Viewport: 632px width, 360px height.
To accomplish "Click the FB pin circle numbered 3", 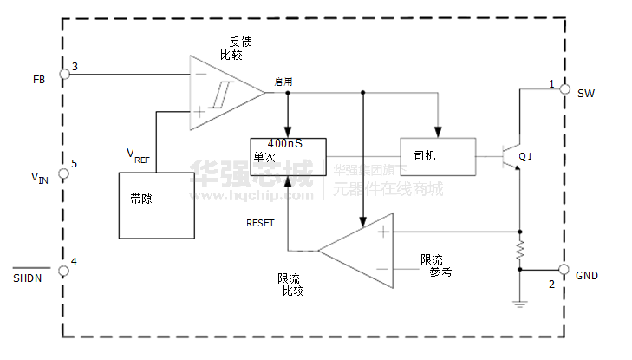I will [64, 75].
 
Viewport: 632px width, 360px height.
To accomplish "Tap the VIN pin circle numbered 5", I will [64, 173].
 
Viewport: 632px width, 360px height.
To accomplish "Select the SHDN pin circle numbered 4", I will [64, 271].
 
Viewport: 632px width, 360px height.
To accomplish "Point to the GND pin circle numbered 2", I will [565, 270].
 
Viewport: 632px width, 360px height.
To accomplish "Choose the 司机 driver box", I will [438, 157].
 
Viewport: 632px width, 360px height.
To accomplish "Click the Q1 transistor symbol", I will [511, 156].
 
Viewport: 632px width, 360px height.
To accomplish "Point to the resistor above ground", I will [519, 251].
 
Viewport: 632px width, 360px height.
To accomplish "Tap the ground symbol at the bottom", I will [519, 303].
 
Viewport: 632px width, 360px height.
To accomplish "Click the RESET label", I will [260, 223].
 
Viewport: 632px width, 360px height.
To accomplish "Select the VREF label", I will [137, 157].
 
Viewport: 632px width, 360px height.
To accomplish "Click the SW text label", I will [586, 93].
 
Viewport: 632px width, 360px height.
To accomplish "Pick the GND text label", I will [587, 276].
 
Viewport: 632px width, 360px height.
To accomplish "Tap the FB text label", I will [39, 80].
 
